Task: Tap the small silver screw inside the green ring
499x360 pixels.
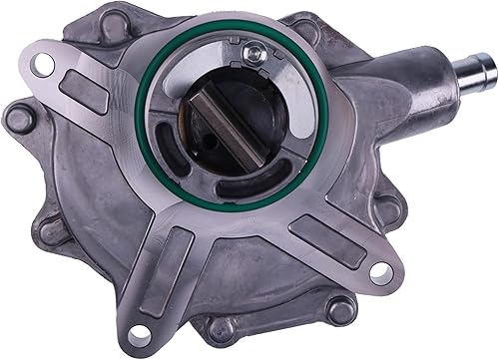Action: [255, 54]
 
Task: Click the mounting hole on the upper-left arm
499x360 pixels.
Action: [43, 65]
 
